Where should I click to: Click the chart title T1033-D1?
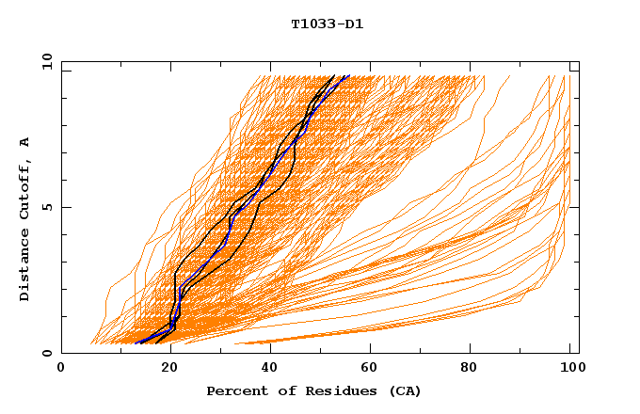328,24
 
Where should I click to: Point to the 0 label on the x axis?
61,370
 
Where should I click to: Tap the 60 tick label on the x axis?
373,370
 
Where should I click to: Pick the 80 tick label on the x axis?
475,370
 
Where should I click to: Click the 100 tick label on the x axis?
571,370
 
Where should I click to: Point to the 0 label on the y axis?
45,353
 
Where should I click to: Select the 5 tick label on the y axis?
45,207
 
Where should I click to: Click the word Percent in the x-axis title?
233,390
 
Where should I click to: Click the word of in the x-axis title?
275,390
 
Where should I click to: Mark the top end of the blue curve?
349,76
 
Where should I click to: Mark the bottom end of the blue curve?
138,342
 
